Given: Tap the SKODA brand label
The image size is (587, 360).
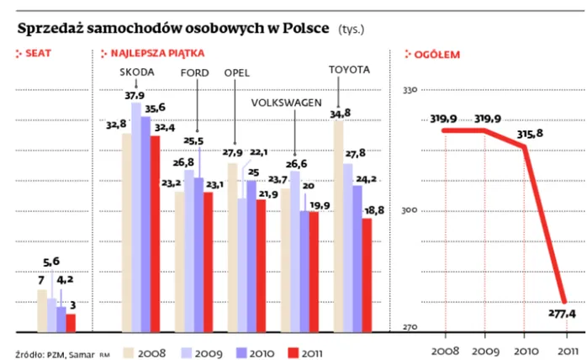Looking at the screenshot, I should click(138, 72).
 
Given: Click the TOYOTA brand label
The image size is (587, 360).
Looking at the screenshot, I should click(348, 69).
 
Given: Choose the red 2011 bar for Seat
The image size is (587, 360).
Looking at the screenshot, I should click(71, 323).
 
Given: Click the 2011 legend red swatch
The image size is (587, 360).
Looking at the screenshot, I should click(295, 352).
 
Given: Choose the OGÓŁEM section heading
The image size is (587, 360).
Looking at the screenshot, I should click(437, 54).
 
